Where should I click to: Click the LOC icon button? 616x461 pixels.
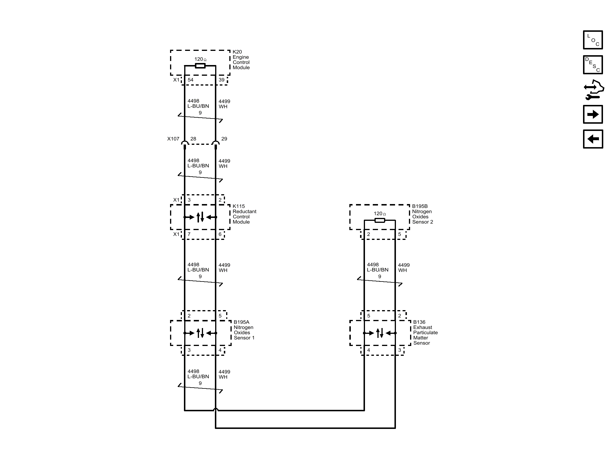coord(593,40)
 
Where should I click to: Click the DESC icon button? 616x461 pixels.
coord(593,65)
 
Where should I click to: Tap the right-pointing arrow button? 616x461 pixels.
coord(593,114)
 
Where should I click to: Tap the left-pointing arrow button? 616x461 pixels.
coord(593,139)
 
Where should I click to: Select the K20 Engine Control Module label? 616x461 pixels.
coord(241,60)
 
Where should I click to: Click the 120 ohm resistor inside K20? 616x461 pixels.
coord(200,66)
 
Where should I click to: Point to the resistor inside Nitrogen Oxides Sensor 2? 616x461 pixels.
coord(379,221)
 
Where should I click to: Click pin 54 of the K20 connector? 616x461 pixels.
coord(190,80)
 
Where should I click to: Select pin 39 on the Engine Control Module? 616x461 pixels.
coord(222,80)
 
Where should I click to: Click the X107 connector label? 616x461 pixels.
coord(173,139)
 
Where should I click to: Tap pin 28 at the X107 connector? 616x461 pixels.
coord(193,139)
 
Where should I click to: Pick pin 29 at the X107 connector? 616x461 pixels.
coord(224,139)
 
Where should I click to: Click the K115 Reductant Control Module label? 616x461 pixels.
coord(244,214)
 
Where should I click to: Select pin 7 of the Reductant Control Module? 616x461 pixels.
coord(189,234)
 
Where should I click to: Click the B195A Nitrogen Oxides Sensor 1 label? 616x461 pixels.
coord(244,330)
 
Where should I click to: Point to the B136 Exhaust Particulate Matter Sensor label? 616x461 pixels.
coord(425,333)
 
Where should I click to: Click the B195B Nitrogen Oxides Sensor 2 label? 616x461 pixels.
coord(422,214)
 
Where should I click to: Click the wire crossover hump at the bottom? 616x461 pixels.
coord(215,409)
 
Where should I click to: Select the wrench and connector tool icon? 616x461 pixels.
coord(593,90)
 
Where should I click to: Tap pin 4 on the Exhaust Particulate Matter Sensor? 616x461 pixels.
coord(368,350)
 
